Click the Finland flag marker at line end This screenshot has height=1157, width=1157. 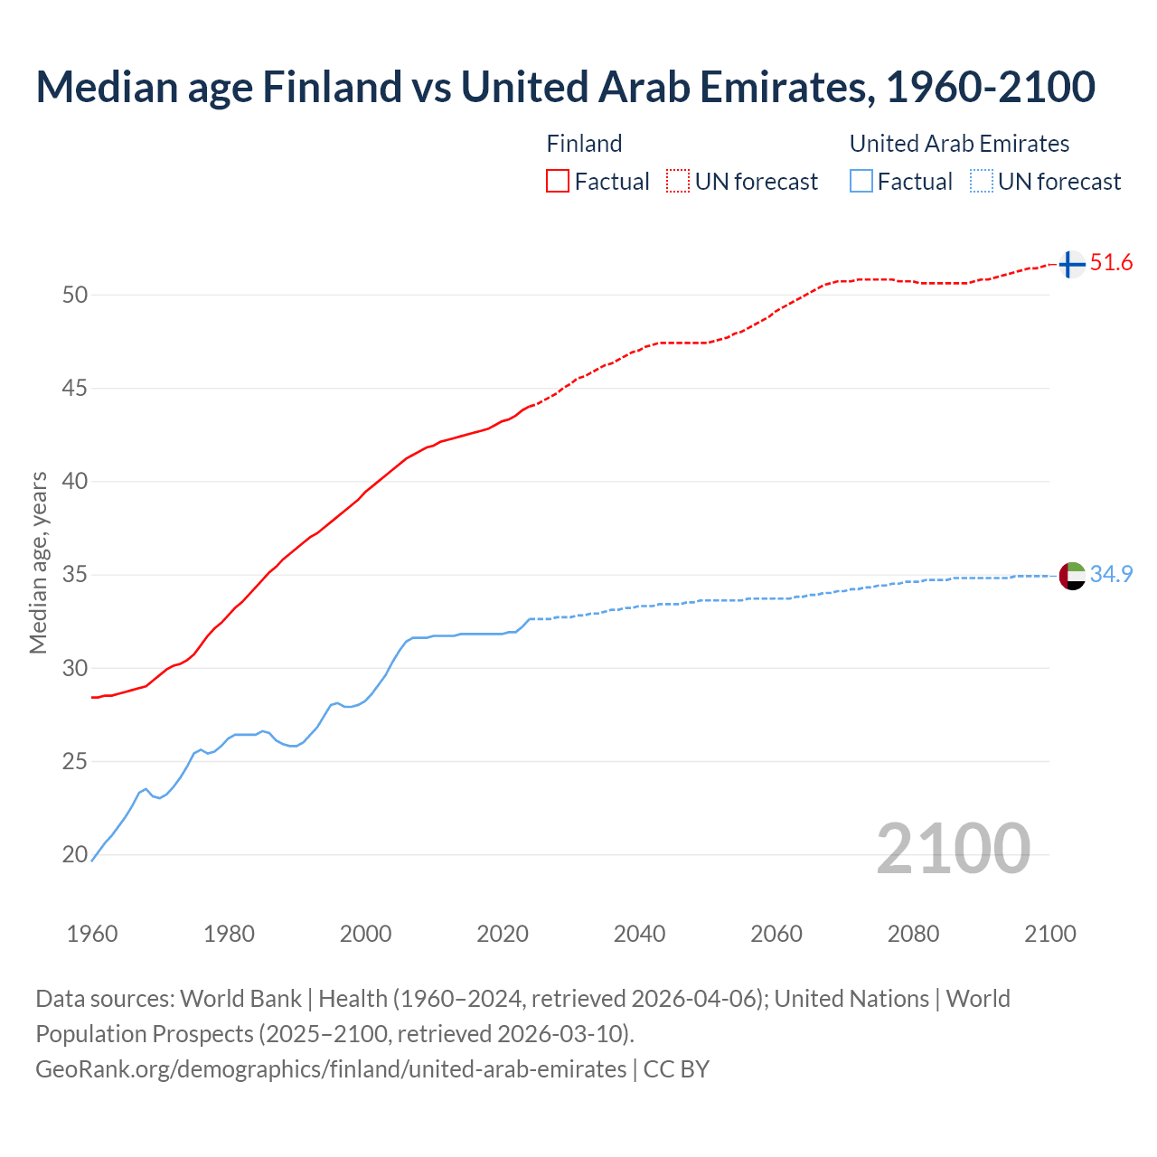pyautogui.click(x=1071, y=264)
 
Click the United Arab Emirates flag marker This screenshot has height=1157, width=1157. pyautogui.click(x=1072, y=575)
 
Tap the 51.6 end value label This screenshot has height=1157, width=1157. pyautogui.click(x=1111, y=263)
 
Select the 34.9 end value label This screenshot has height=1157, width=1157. pyautogui.click(x=1111, y=575)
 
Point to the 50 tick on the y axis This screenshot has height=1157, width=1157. pyautogui.click(x=76, y=295)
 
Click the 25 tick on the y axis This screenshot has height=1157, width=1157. pyautogui.click(x=76, y=762)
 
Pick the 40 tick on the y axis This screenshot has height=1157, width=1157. pyautogui.click(x=76, y=482)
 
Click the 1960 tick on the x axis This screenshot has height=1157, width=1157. pyautogui.click(x=92, y=934)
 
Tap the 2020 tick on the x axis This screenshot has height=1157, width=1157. pyautogui.click(x=503, y=934)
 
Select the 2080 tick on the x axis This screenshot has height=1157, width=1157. pyautogui.click(x=913, y=934)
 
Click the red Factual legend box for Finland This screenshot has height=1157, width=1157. pyautogui.click(x=558, y=181)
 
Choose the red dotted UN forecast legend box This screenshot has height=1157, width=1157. pyautogui.click(x=678, y=181)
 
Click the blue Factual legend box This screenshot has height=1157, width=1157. pyautogui.click(x=861, y=181)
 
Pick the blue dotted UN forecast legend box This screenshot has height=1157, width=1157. pyautogui.click(x=982, y=181)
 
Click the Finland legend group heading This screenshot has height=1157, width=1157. pyautogui.click(x=584, y=144)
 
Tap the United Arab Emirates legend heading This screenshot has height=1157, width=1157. pyautogui.click(x=959, y=144)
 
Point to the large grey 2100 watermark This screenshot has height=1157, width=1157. pyautogui.click(x=954, y=849)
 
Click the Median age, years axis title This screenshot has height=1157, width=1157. pyautogui.click(x=39, y=562)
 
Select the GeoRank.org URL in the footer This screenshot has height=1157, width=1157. pyautogui.click(x=331, y=1068)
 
